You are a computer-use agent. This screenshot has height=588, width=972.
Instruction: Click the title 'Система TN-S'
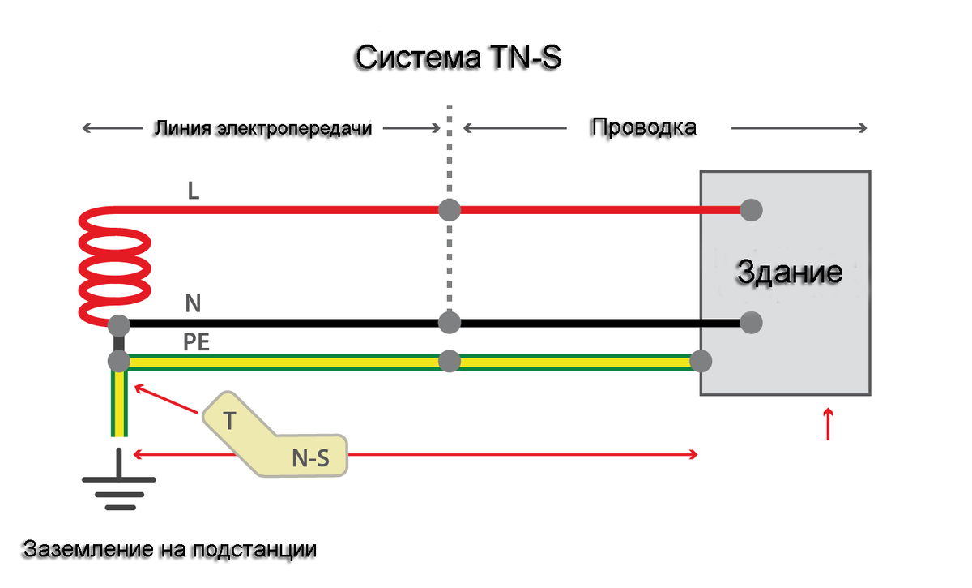click(458, 59)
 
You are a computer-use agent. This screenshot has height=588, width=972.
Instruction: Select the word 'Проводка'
click(643, 128)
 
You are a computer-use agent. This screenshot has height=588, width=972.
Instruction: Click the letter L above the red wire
click(193, 192)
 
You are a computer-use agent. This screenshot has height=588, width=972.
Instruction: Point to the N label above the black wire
click(193, 304)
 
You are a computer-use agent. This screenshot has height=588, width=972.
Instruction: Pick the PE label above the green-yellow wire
click(197, 342)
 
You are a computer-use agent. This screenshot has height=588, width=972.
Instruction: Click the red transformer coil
click(113, 264)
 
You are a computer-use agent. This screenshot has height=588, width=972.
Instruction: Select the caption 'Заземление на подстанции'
click(169, 549)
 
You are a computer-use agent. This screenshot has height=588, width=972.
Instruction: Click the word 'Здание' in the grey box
click(789, 272)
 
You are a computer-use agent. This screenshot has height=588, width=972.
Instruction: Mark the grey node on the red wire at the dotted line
click(450, 210)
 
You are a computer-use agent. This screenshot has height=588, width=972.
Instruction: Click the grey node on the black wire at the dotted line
click(450, 322)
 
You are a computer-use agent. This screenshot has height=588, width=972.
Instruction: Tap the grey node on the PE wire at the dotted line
click(450, 360)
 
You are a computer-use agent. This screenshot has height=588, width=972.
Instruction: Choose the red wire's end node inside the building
click(752, 210)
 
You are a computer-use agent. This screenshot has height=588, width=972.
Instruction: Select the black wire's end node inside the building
click(752, 322)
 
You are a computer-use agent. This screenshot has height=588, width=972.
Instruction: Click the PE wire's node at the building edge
click(701, 360)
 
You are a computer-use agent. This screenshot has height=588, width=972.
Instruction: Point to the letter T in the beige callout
click(229, 422)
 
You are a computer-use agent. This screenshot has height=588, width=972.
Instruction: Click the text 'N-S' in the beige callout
click(310, 460)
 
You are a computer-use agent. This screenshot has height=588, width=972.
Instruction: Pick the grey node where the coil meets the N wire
click(119, 326)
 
